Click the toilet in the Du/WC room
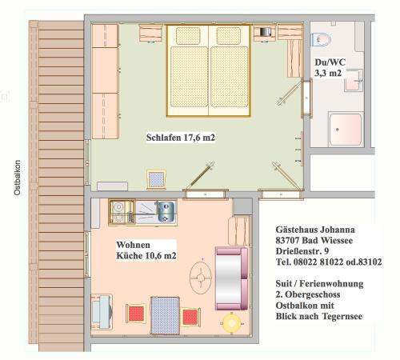322,39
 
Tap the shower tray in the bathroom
346,130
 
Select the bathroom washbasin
354,81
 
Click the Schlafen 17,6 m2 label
181,138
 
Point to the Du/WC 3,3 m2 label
330,67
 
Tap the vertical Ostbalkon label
18,178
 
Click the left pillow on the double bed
188,36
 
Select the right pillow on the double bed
229,36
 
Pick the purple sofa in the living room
231,278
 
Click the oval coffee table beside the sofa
201,278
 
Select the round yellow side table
231,323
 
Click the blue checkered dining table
165,315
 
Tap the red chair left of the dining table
136,314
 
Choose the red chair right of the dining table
190,317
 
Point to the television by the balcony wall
102,312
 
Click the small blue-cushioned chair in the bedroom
156,179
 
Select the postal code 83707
287,240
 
